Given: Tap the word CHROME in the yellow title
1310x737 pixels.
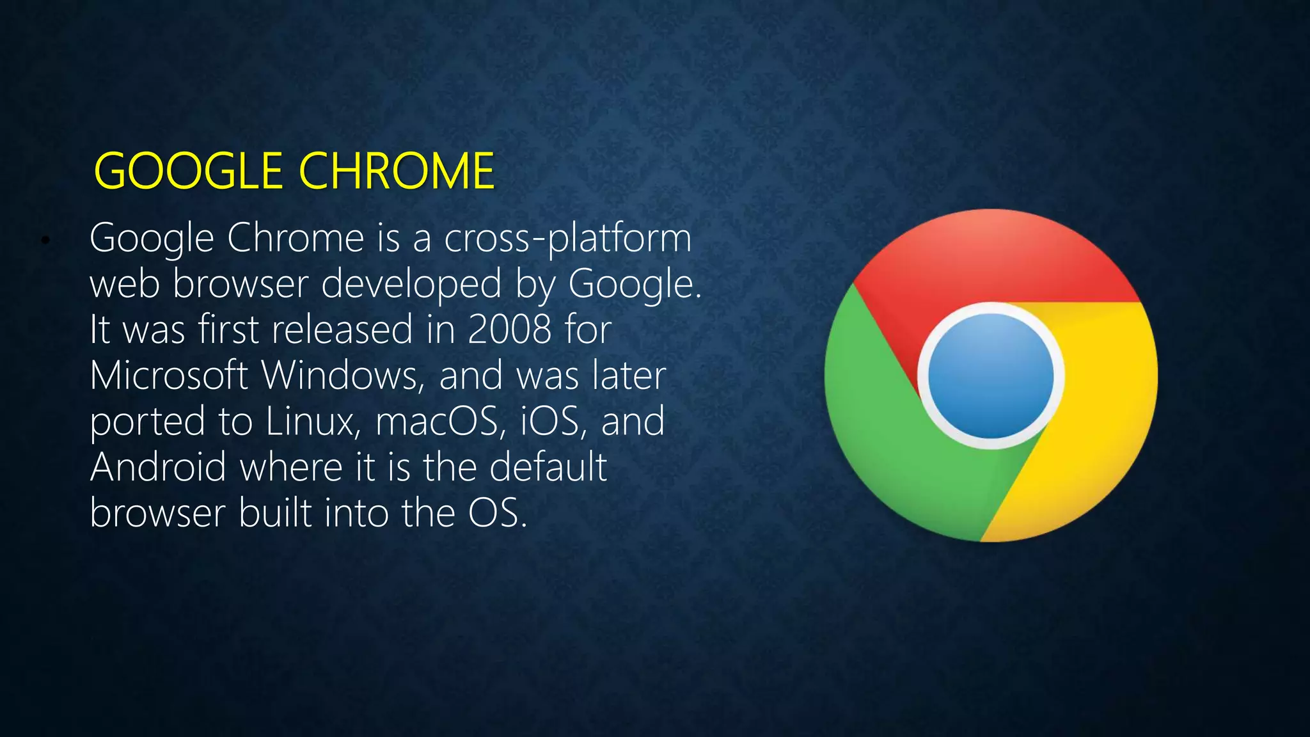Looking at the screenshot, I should click(397, 171).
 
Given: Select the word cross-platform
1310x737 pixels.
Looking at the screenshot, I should click(567, 239).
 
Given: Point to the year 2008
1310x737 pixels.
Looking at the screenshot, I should click(509, 330).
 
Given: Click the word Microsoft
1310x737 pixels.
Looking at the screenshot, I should click(169, 376).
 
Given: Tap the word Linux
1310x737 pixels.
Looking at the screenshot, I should click(313, 422).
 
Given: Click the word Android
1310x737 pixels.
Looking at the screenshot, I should click(158, 468).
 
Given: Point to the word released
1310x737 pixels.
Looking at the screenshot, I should click(342, 330).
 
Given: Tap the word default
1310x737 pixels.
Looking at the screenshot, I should click(548, 468).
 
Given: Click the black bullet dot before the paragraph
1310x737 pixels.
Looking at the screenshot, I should click(45, 241).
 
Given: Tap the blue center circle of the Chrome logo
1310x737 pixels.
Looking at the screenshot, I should click(991, 376).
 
